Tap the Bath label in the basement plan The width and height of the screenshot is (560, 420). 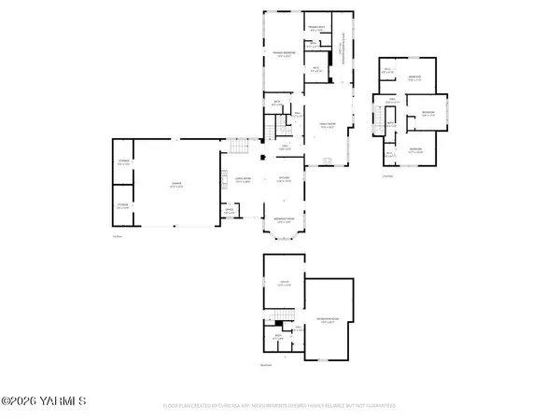[278, 337]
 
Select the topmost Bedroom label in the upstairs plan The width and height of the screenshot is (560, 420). [414, 77]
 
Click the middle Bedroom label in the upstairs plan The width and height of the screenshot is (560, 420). [428, 114]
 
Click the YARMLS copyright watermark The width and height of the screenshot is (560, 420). [44, 401]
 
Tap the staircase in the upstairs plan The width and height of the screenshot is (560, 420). [391, 126]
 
